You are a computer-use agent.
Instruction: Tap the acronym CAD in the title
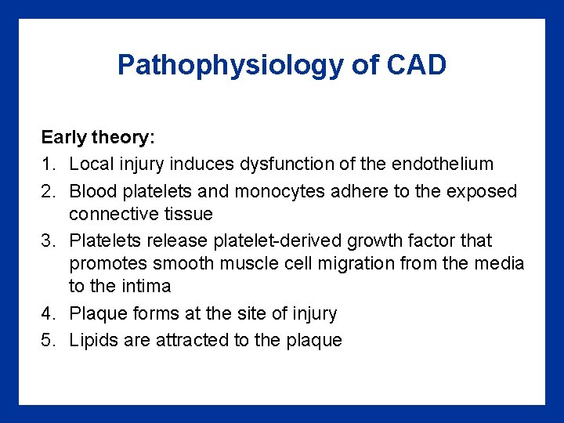[416, 64]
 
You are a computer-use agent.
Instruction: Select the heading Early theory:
[99, 137]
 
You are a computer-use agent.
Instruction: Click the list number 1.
[47, 164]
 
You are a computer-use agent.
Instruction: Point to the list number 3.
[47, 240]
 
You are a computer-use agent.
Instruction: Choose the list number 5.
[47, 340]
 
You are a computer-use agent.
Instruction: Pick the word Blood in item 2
[91, 191]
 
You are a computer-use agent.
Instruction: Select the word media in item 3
[499, 264]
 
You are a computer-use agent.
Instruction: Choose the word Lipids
[92, 340]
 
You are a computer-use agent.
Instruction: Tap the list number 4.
[47, 313]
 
